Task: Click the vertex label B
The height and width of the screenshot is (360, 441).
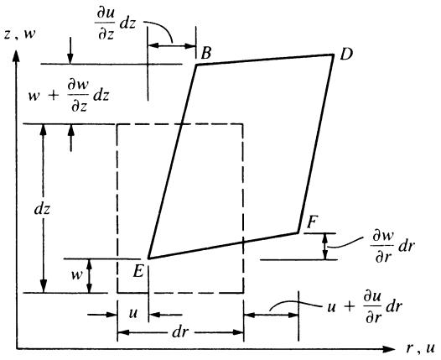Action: (206, 53)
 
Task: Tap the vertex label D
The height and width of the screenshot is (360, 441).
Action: (346, 54)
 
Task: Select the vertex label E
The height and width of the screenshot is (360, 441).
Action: (138, 272)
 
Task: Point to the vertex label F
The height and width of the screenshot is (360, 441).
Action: (312, 222)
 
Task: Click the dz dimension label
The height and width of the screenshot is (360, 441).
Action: (42, 209)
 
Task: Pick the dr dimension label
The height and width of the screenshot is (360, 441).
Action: (180, 332)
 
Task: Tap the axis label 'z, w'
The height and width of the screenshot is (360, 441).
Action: (20, 34)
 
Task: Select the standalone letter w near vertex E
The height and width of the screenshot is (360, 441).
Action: (76, 274)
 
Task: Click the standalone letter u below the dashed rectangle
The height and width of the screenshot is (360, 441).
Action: (133, 313)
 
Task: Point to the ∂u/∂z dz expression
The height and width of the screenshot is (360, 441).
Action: (115, 25)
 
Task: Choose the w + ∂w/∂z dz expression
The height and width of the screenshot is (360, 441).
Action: (69, 96)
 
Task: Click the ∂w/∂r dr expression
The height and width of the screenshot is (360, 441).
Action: (393, 247)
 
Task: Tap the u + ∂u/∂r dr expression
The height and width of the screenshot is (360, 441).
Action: (365, 307)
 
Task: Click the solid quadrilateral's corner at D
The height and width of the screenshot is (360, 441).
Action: (334, 55)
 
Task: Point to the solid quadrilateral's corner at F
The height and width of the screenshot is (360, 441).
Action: (298, 232)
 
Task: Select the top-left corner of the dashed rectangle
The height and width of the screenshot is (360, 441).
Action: (117, 124)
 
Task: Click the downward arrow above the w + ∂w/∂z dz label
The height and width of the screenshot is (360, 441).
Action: (70, 50)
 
